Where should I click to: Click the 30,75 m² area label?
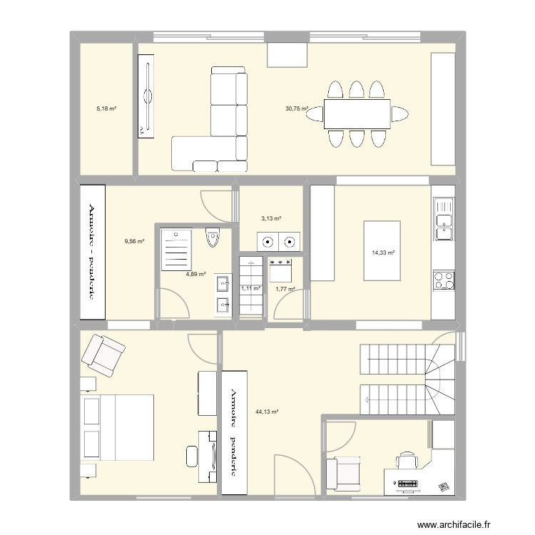pyautogui.click(x=297, y=109)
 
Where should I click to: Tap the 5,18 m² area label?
pyautogui.click(x=106, y=109)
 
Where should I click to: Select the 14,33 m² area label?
pyautogui.click(x=383, y=253)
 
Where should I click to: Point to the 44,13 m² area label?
pyautogui.click(x=266, y=412)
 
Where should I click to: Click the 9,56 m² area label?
pyautogui.click(x=134, y=241)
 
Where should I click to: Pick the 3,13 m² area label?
pyautogui.click(x=270, y=219)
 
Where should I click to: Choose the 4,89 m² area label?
pyautogui.click(x=195, y=274)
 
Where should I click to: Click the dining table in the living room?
pyautogui.click(x=357, y=114)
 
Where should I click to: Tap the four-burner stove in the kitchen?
pyautogui.click(x=444, y=279)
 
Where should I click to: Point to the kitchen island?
pyautogui.click(x=382, y=251)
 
